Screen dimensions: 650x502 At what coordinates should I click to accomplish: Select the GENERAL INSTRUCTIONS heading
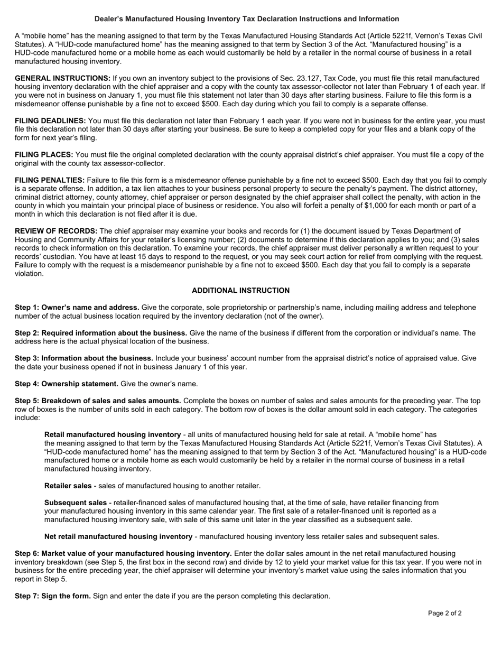(x=62, y=78)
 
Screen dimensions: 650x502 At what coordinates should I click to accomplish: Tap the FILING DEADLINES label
(x=50, y=121)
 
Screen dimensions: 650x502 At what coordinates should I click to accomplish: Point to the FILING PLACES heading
(x=44, y=155)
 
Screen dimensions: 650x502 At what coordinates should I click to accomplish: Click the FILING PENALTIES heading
(x=50, y=180)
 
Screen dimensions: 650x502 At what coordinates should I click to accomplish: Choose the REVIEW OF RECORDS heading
(x=56, y=231)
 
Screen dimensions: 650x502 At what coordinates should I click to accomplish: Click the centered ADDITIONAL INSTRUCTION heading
(x=240, y=291)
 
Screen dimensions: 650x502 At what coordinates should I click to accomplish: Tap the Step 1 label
(x=26, y=308)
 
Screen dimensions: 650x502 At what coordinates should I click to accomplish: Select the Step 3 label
(x=26, y=358)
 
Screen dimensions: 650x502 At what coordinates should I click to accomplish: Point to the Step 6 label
(x=26, y=554)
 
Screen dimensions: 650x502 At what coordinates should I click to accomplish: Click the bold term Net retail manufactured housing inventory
(x=118, y=536)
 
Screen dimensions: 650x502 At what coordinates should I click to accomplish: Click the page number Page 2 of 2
(x=445, y=614)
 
